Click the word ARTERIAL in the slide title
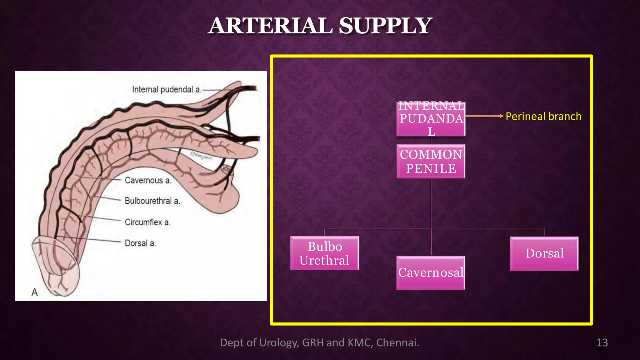pos(270,26)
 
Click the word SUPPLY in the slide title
pos(385,26)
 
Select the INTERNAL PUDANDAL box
pos(431,119)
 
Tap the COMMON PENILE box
pos(431,161)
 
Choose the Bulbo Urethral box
pos(324,253)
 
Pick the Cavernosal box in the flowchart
pos(431,272)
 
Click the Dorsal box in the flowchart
pos(544,253)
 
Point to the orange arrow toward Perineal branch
pos(484,116)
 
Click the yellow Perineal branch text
pos(543,116)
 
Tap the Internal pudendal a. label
pos(167,90)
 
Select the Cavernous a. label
pos(148,180)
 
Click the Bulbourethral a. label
pos(152,201)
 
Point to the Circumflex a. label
pos(148,222)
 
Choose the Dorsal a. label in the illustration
pos(140,243)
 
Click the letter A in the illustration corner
pos(35,292)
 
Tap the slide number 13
pos(602,342)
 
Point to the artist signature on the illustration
pos(201,155)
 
